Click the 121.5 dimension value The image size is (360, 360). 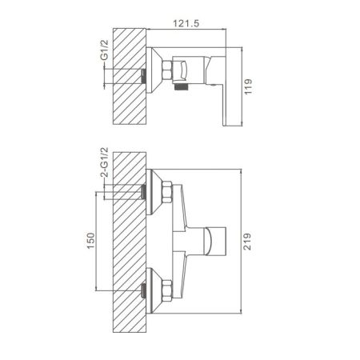click(x=186, y=23)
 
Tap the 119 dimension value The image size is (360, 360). click(x=248, y=86)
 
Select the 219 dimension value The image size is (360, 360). click(x=247, y=242)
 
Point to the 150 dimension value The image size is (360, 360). click(x=91, y=241)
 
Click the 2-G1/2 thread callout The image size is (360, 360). click(x=105, y=162)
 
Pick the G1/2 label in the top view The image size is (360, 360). click(x=105, y=50)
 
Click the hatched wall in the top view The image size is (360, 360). click(x=130, y=76)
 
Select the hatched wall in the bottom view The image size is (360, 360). click(x=130, y=242)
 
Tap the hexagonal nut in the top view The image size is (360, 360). click(x=167, y=70)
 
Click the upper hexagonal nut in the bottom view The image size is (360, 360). click(x=167, y=193)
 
